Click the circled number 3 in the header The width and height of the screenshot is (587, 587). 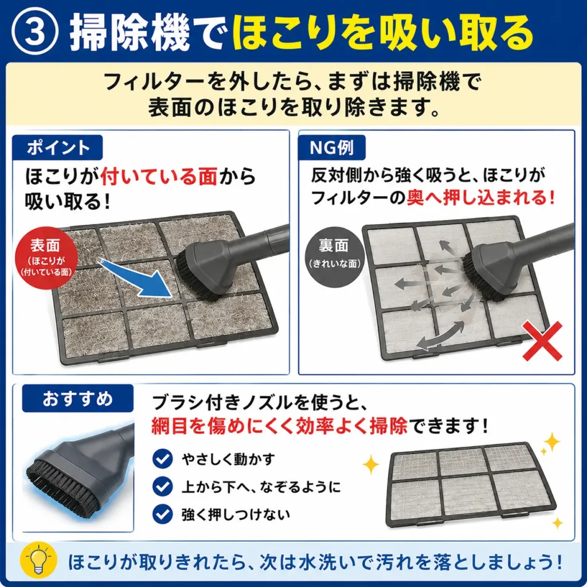pyautogui.click(x=35, y=32)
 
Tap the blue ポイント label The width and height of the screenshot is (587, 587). pyautogui.click(x=58, y=147)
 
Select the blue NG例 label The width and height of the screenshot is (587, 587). pyautogui.click(x=332, y=147)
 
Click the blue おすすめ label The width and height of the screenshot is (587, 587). pyautogui.click(x=78, y=398)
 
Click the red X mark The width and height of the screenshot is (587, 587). pyautogui.click(x=542, y=341)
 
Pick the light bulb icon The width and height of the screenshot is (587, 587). pyautogui.click(x=38, y=561)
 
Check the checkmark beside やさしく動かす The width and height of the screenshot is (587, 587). pyautogui.click(x=162, y=459)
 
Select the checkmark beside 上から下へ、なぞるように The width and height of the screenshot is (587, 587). pyautogui.click(x=162, y=487)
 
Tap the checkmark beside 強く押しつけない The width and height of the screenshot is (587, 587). pyautogui.click(x=162, y=514)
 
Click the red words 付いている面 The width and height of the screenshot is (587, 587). pyautogui.click(x=159, y=177)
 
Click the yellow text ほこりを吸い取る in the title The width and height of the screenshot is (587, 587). pyautogui.click(x=382, y=33)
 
